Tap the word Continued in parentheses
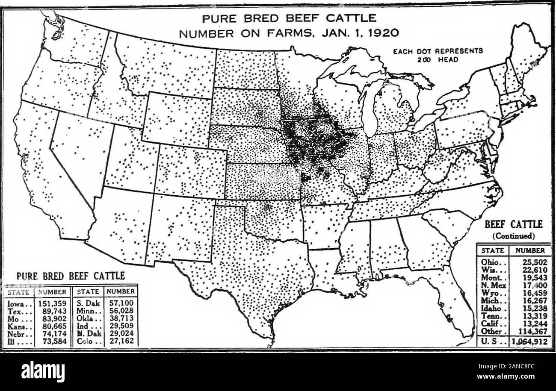click(513, 235)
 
